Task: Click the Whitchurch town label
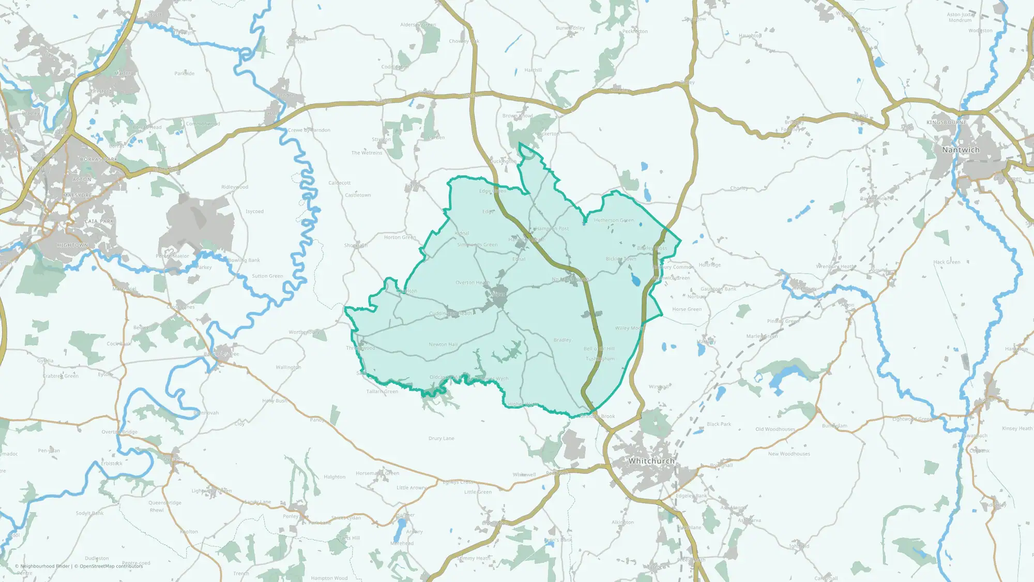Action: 651,461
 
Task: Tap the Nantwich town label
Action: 961,150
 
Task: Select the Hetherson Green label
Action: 614,220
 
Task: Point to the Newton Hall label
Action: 443,345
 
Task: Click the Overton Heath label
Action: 473,283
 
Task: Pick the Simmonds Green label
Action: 477,245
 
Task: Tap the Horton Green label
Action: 400,237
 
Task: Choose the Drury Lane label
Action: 442,439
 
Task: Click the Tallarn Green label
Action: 382,392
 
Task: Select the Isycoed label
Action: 254,212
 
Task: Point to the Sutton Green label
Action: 267,276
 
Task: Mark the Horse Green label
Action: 687,309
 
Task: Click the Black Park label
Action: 719,424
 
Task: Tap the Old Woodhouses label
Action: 775,429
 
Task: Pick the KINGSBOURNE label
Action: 947,123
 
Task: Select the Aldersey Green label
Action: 418,25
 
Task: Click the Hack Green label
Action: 947,262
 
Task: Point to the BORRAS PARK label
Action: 99,159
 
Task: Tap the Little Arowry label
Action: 412,488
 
